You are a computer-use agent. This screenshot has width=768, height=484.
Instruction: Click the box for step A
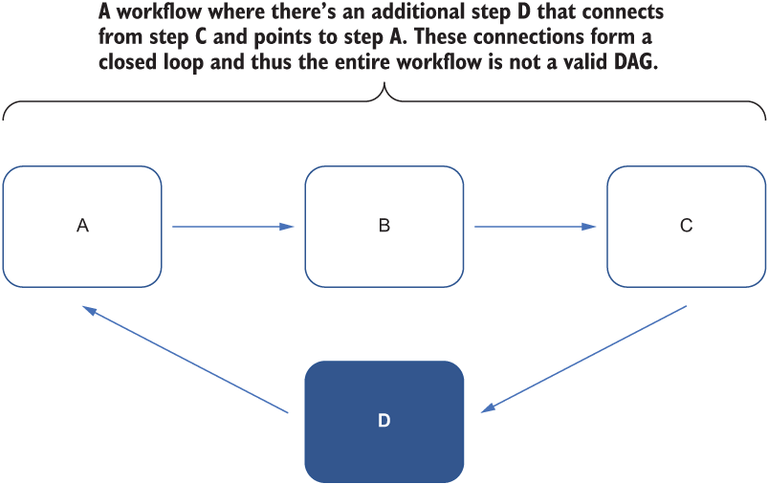pos(82,227)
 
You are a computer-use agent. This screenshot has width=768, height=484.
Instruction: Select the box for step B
pos(384,227)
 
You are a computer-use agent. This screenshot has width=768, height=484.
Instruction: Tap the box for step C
pos(686,227)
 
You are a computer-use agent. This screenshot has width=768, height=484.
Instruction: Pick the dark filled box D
pos(384,421)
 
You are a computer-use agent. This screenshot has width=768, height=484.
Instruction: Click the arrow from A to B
pos(233,227)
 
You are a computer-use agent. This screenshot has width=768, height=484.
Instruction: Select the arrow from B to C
pos(536,227)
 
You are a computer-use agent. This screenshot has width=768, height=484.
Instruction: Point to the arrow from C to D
pos(583,360)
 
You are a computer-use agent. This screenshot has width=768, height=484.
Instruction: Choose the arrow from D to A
pos(186,360)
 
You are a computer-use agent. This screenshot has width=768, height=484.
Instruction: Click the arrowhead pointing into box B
pos(287,227)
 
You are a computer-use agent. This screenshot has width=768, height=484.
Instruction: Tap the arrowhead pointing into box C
pos(589,227)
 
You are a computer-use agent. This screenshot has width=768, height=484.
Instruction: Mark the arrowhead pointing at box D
pos(488,408)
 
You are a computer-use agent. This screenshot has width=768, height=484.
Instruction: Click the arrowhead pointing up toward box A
pos(89,310)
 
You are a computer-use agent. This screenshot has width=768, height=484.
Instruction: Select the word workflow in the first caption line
pos(158,11)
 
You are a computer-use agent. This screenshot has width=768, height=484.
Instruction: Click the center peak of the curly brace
pos(384,83)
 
